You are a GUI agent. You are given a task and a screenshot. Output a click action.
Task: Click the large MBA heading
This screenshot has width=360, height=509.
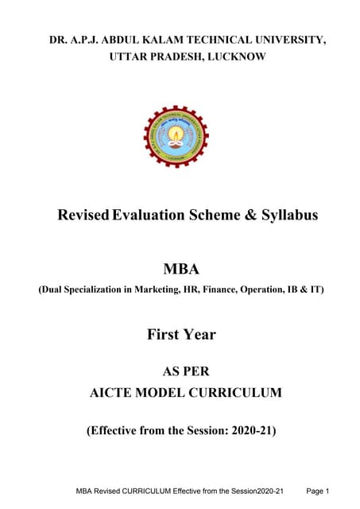click(x=180, y=269)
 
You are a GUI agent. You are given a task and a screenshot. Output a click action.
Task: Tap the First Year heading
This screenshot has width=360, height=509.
click(x=180, y=334)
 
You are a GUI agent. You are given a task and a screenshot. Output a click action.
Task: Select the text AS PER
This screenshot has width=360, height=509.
click(x=180, y=370)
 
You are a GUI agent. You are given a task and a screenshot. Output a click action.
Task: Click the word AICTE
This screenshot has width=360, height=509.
click(x=122, y=392)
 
